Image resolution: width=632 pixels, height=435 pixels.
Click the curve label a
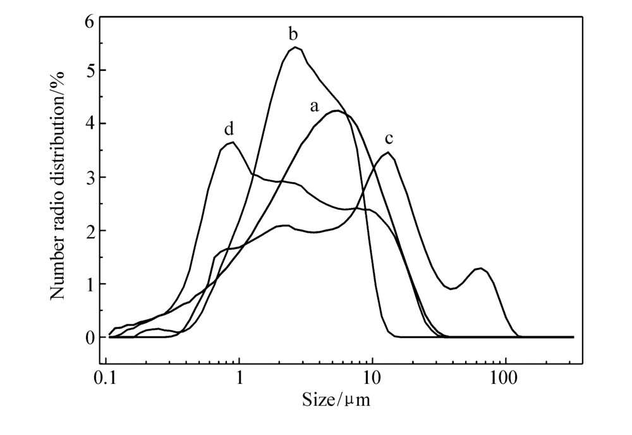click(315, 106)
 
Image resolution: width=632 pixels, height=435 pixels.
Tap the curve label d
click(229, 130)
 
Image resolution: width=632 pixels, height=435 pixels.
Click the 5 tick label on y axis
click(90, 70)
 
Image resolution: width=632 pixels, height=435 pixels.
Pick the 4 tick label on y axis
click(90, 124)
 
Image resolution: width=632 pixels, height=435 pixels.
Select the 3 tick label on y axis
click(90, 177)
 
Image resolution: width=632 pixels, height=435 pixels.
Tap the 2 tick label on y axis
click(90, 231)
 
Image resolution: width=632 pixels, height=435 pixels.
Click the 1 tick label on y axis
click(90, 284)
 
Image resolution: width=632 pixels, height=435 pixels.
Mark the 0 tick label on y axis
click(90, 338)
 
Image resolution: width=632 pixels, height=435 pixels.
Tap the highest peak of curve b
click(295, 47)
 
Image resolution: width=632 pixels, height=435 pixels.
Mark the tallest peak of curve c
click(389, 152)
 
